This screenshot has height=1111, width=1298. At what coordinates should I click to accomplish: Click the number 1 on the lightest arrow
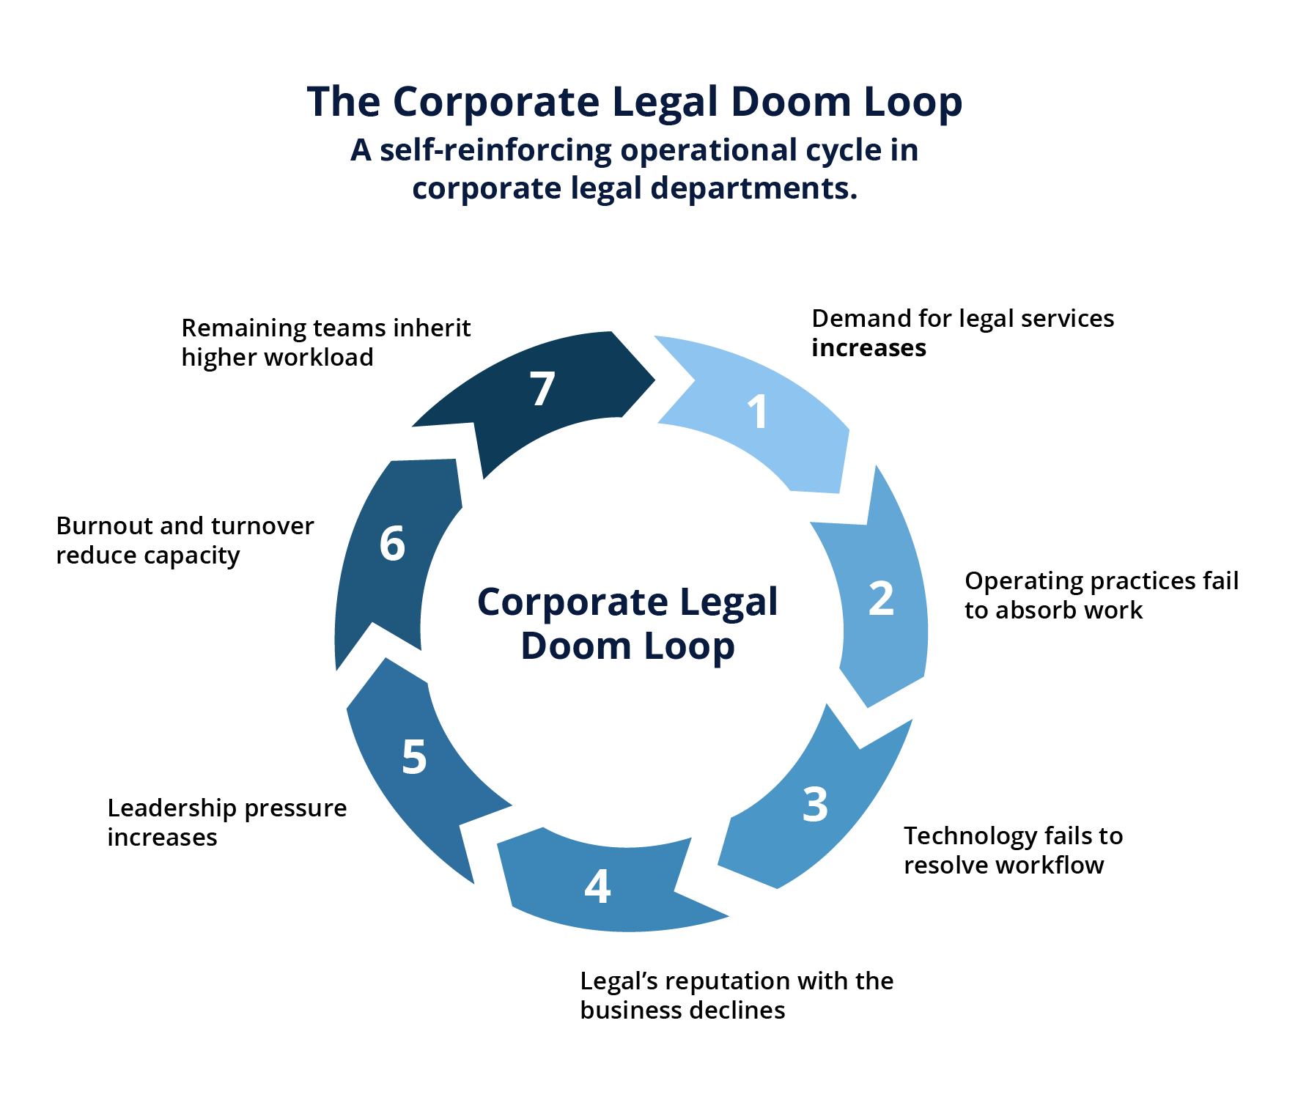coord(758,412)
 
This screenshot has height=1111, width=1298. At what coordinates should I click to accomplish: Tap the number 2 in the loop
coord(881,598)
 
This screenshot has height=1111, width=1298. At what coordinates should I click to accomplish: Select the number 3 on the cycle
coord(815,805)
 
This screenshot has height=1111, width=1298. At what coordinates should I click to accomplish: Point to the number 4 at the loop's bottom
coord(597,886)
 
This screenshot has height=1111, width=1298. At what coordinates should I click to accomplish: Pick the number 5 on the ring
coord(414,757)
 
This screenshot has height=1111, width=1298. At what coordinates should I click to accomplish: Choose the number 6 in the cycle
coord(392,544)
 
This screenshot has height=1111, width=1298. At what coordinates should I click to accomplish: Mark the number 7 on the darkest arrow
coord(542,388)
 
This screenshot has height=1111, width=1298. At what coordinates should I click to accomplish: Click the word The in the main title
coord(343,101)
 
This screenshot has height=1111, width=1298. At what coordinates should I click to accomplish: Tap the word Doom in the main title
coord(789,101)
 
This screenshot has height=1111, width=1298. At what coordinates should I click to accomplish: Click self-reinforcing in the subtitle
coord(495,150)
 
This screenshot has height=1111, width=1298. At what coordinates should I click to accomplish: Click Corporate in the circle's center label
coord(572,603)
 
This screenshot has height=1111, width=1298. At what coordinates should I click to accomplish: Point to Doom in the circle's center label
coord(576,646)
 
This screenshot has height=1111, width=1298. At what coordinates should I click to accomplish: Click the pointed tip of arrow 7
coord(654,380)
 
